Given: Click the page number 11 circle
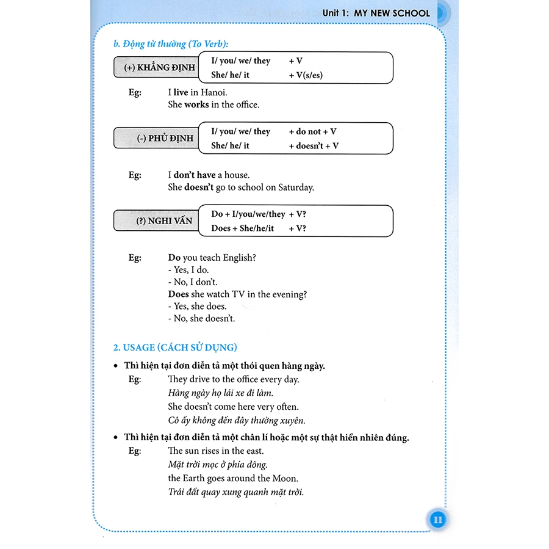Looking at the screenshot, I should coord(437,520).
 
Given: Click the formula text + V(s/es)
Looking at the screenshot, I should coord(306,75).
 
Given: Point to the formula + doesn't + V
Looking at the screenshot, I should coord(314,146).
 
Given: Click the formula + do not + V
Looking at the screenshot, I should coord(312,131).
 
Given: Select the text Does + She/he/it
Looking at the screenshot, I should coord(243,228).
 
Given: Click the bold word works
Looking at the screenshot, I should coord(196,104).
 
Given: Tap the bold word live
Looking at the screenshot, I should coord(180,92).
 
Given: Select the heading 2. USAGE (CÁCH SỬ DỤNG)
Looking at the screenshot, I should coord(175,347).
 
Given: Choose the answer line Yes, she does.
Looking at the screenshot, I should coord(197,306).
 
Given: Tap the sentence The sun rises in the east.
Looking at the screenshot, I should coord(216,451).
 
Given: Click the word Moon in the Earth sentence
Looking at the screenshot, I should coord(285,478).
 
